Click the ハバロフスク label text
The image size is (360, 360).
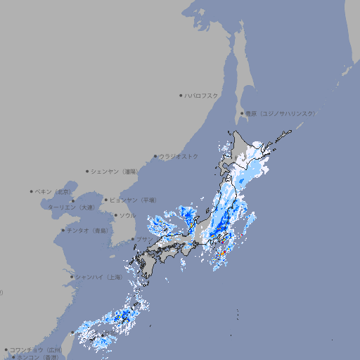coord(202,95)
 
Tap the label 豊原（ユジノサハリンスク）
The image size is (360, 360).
coord(280,113)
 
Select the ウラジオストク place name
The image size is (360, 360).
coord(179,156)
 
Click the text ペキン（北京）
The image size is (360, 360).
coord(54,191)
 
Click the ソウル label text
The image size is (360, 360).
coord(127,215)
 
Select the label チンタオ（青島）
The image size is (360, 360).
coord(87,230)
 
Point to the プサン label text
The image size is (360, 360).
coord(144,240)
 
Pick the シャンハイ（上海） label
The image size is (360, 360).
coord(98,277)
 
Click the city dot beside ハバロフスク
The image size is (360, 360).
coord(181,95)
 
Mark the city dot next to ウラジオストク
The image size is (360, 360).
coord(155,156)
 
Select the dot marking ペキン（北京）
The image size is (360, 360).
coord(32,191)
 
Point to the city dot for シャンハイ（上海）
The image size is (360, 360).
coord(72,277)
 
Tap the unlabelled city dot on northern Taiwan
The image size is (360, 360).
coord(72,333)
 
